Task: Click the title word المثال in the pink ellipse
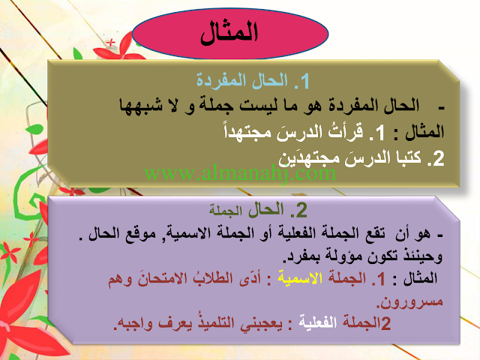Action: tap(229, 33)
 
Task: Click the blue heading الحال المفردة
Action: tap(241, 81)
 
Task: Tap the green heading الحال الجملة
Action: tap(247, 210)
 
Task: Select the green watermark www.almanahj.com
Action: tap(240, 173)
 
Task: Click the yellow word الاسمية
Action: tap(300, 278)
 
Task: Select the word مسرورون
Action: tap(409, 301)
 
